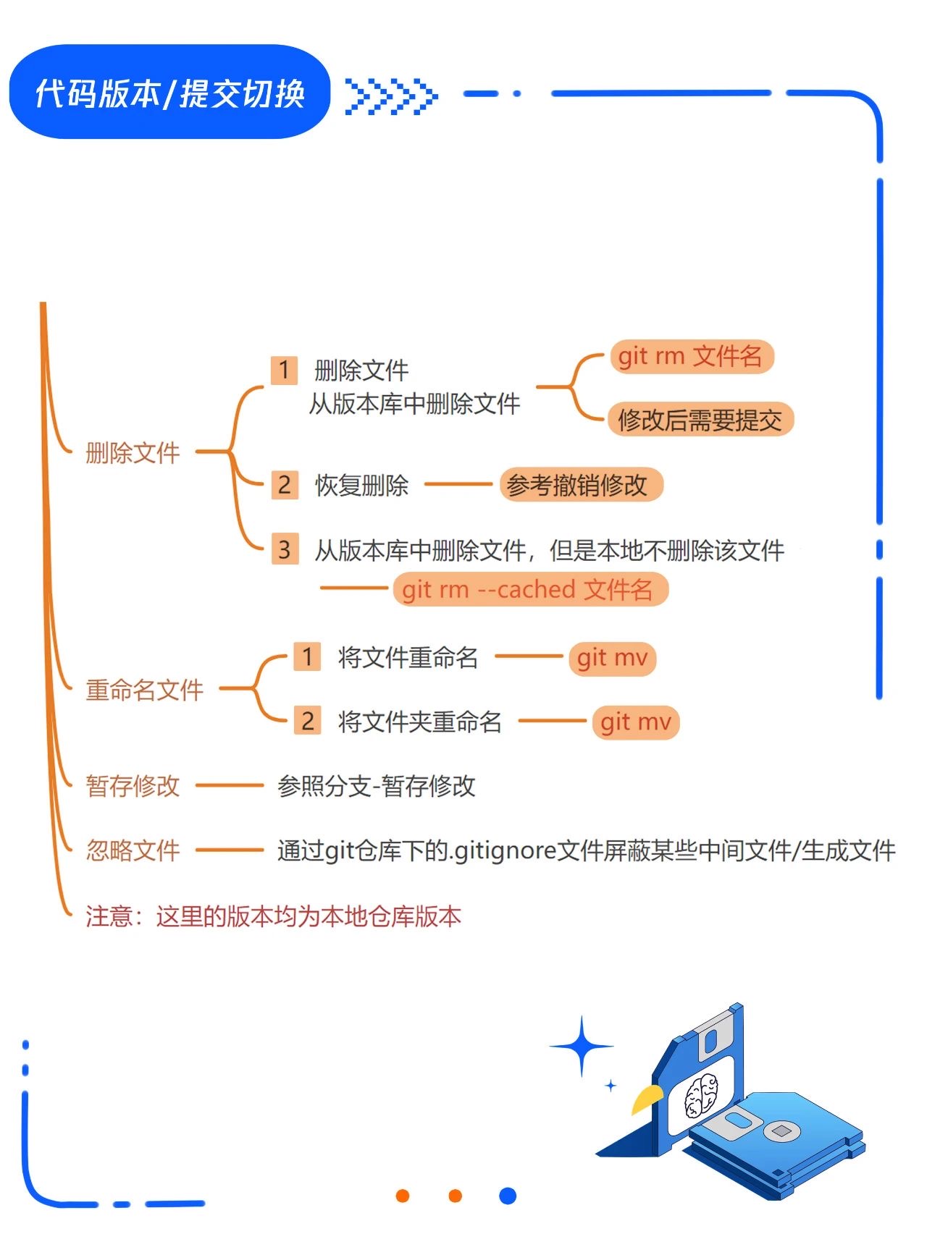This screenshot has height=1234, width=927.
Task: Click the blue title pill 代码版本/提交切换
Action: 169,92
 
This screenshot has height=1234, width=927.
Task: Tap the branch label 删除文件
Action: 133,453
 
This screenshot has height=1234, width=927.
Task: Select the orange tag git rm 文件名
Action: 692,356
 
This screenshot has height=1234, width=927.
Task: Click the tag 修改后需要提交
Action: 700,419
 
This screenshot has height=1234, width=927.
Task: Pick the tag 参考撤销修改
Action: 582,485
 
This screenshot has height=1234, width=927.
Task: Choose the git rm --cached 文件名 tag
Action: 530,589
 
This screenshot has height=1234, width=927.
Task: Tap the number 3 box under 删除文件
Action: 285,549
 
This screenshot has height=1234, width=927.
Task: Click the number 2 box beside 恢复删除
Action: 285,484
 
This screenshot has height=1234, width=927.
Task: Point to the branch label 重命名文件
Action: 144,690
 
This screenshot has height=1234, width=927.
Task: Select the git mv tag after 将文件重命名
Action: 612,658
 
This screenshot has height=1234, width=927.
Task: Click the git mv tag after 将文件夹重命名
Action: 636,722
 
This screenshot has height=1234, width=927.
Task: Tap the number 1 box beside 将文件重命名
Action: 307,656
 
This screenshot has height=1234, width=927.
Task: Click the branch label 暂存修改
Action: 133,786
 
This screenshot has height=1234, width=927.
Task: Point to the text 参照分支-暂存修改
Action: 377,786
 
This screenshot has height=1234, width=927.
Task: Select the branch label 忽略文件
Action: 133,850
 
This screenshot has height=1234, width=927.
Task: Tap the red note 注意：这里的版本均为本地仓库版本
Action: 273,916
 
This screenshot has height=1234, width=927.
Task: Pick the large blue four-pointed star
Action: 582,1047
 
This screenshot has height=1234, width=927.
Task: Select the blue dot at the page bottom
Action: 508,1196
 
